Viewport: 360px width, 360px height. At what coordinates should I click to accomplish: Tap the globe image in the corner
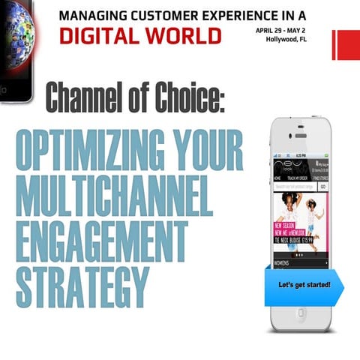point(15,30)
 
